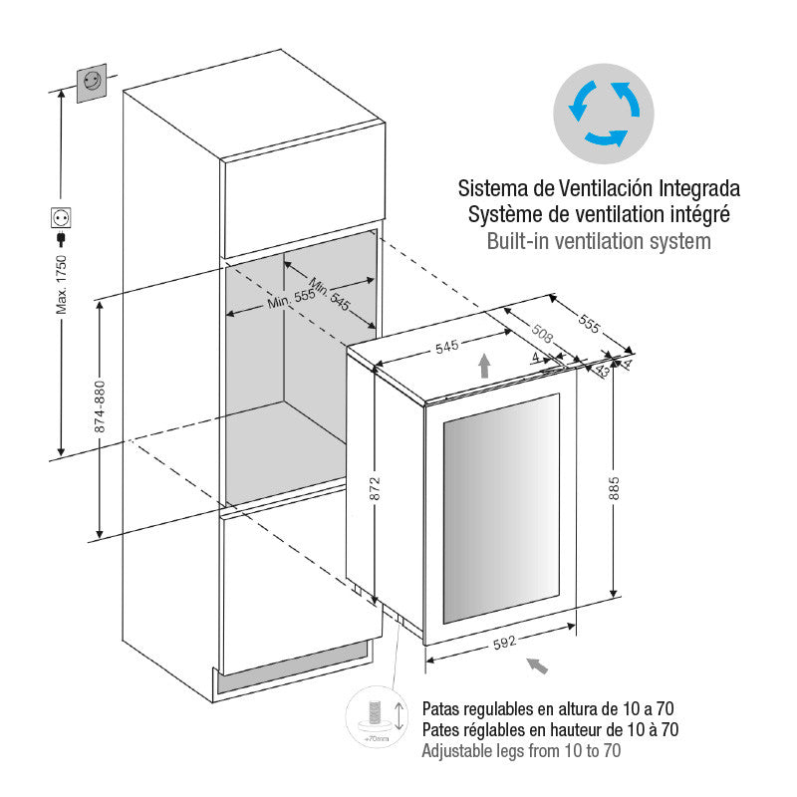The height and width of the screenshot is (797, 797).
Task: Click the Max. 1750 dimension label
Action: click(61, 285)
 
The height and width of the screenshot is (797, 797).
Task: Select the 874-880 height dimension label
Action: click(100, 406)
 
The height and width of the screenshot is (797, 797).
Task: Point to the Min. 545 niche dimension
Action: click(330, 294)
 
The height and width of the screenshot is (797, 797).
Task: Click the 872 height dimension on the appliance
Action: click(375, 488)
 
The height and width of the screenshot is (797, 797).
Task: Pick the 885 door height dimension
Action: click(614, 488)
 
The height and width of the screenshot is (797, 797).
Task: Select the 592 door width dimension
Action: click(505, 643)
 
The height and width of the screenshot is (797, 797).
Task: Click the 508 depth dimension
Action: click(542, 334)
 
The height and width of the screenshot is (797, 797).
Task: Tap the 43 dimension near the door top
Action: click(603, 370)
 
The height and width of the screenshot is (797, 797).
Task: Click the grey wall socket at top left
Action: click(92, 83)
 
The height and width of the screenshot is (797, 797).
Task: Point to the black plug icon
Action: click(61, 239)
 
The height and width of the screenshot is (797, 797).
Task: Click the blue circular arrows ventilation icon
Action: click(604, 114)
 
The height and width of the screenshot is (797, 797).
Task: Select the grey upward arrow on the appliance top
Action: click(484, 366)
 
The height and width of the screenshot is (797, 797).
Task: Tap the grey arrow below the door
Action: click(537, 665)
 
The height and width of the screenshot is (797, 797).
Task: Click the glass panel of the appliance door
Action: click(502, 508)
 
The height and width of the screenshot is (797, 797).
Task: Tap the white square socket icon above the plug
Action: click(61, 217)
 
